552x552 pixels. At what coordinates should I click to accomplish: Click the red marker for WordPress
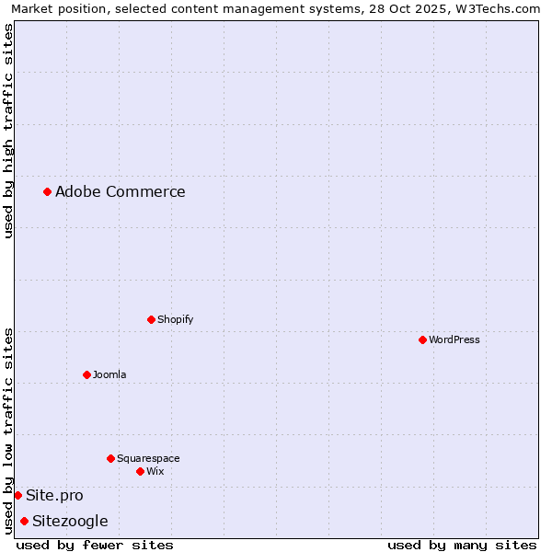coord(422,339)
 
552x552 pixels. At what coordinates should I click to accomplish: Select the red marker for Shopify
coord(151,319)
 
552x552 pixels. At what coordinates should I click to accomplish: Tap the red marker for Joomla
coord(86,374)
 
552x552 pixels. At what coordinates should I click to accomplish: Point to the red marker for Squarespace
coord(110,458)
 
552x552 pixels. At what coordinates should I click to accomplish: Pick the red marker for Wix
coord(140,471)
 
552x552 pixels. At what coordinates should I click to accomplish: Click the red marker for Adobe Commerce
coord(47,191)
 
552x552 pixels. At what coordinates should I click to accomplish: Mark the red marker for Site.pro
coord(17,495)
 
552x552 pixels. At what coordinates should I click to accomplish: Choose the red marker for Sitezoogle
coord(24,521)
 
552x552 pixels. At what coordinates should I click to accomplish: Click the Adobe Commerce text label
coord(120,191)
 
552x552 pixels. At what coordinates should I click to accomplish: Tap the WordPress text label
coord(454,339)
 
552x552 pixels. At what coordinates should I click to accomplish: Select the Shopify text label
coord(175,319)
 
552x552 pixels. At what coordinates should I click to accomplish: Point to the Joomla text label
coord(109,374)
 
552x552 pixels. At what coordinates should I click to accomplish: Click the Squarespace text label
coord(148,458)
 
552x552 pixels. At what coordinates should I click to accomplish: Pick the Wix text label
coord(155,471)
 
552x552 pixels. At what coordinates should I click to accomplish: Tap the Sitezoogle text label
coord(70,521)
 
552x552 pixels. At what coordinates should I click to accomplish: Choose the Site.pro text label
coord(54,495)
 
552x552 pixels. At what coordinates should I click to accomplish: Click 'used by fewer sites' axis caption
coord(95,545)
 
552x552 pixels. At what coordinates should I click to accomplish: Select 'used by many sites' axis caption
coord(462,545)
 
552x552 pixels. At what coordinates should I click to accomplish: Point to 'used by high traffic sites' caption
coord(8,131)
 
